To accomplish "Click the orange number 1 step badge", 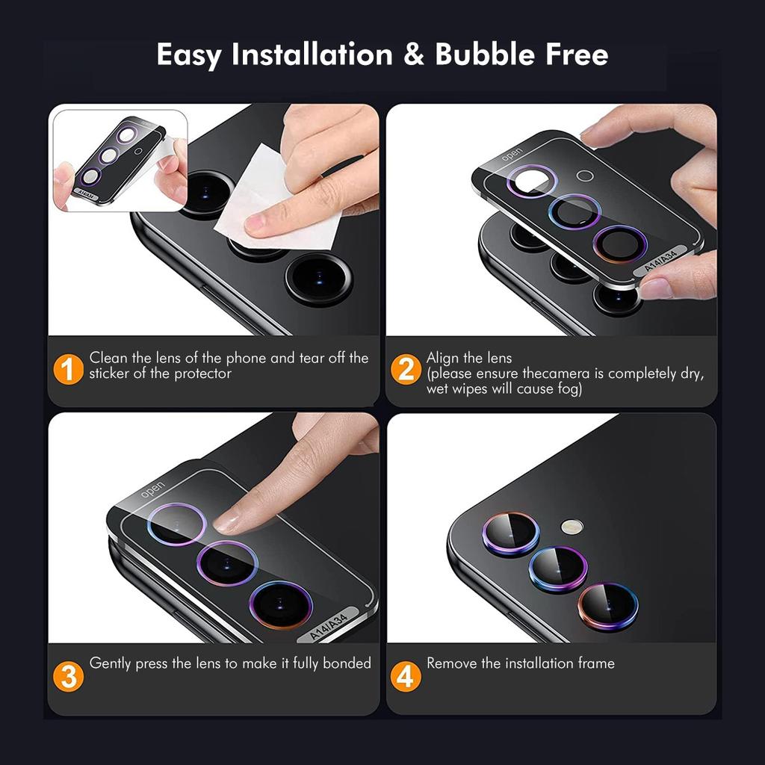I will (x=69, y=370).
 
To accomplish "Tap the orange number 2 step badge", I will (x=406, y=370).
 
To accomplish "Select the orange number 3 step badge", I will (x=69, y=677).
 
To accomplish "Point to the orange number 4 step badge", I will (x=405, y=677).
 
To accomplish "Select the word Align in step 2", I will (x=443, y=358).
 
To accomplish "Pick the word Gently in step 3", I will (x=110, y=663).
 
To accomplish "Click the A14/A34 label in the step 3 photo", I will (x=329, y=628).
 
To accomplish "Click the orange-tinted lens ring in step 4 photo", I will (x=607, y=606).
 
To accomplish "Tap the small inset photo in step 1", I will (x=120, y=160).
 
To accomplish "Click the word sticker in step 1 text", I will (x=110, y=374).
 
